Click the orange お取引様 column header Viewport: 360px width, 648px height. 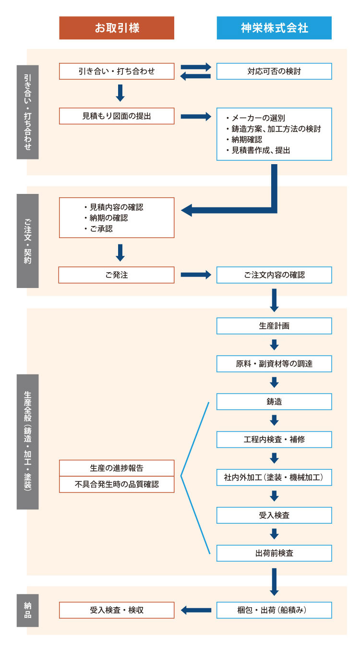[x=117, y=28]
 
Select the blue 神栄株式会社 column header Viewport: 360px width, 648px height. [x=274, y=28]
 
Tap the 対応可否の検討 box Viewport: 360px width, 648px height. [x=274, y=72]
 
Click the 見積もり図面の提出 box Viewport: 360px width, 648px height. [x=117, y=116]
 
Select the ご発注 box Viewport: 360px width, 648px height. [x=117, y=275]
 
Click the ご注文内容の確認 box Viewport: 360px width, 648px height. [x=274, y=275]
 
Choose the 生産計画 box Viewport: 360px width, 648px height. [x=274, y=325]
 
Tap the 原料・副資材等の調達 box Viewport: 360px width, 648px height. [x=274, y=364]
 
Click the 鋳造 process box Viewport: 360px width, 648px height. [x=274, y=401]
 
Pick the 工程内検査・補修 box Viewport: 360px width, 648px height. [x=274, y=439]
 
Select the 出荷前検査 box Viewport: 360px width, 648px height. [x=274, y=553]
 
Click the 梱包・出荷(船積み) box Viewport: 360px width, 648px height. [x=274, y=610]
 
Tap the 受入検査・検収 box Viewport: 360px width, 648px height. [x=117, y=610]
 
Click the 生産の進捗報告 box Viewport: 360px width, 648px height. [x=117, y=468]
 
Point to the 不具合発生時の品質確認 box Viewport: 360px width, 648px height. [x=117, y=484]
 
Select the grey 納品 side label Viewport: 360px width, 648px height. [x=27, y=610]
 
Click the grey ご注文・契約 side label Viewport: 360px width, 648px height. [x=27, y=240]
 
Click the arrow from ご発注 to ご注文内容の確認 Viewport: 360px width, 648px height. [x=195, y=275]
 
